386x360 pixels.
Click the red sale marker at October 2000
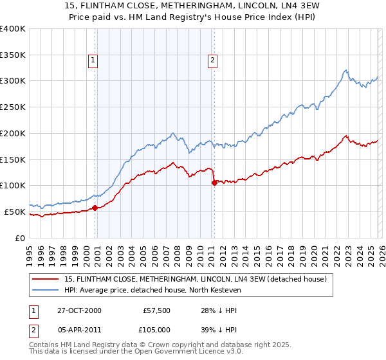95,208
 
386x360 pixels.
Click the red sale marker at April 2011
214,183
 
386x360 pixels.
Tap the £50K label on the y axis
15,212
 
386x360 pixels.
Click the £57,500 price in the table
156,310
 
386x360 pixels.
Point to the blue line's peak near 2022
345,70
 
